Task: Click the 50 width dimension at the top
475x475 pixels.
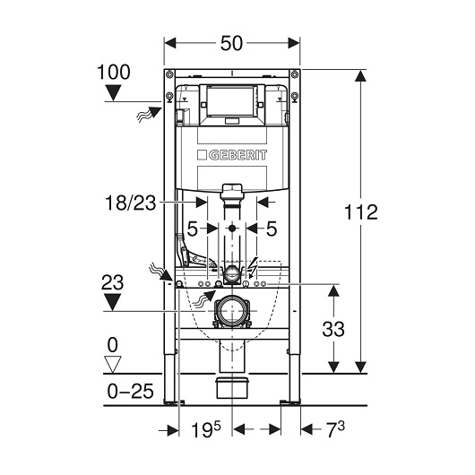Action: pyautogui.click(x=231, y=43)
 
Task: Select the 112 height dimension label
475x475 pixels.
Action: pyautogui.click(x=361, y=212)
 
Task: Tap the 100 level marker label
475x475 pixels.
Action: pyautogui.click(x=114, y=72)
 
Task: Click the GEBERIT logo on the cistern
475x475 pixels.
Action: pyautogui.click(x=232, y=155)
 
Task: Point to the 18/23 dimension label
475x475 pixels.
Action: pyautogui.click(x=130, y=203)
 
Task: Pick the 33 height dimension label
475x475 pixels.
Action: pyautogui.click(x=333, y=329)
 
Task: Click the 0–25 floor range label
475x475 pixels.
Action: pyautogui.click(x=130, y=391)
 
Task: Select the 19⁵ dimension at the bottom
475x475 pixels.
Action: pyautogui.click(x=206, y=429)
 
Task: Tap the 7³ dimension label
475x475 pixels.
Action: pyautogui.click(x=336, y=429)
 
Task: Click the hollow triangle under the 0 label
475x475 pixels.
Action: pyautogui.click(x=112, y=364)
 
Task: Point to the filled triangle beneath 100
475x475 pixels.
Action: pyautogui.click(x=113, y=92)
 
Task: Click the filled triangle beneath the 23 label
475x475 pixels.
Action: pyautogui.click(x=112, y=302)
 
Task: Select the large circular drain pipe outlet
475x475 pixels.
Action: pyautogui.click(x=232, y=311)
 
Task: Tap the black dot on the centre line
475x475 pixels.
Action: pyautogui.click(x=232, y=229)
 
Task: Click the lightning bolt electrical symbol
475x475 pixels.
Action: pyautogui.click(x=253, y=265)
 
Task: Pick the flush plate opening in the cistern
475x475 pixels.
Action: pyautogui.click(x=231, y=101)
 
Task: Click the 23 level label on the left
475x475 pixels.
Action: pyautogui.click(x=112, y=282)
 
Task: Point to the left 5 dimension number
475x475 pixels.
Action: pyautogui.click(x=193, y=229)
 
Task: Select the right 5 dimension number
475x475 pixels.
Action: pyautogui.click(x=272, y=229)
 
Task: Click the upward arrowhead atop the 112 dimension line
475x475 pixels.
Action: pyautogui.click(x=360, y=76)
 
